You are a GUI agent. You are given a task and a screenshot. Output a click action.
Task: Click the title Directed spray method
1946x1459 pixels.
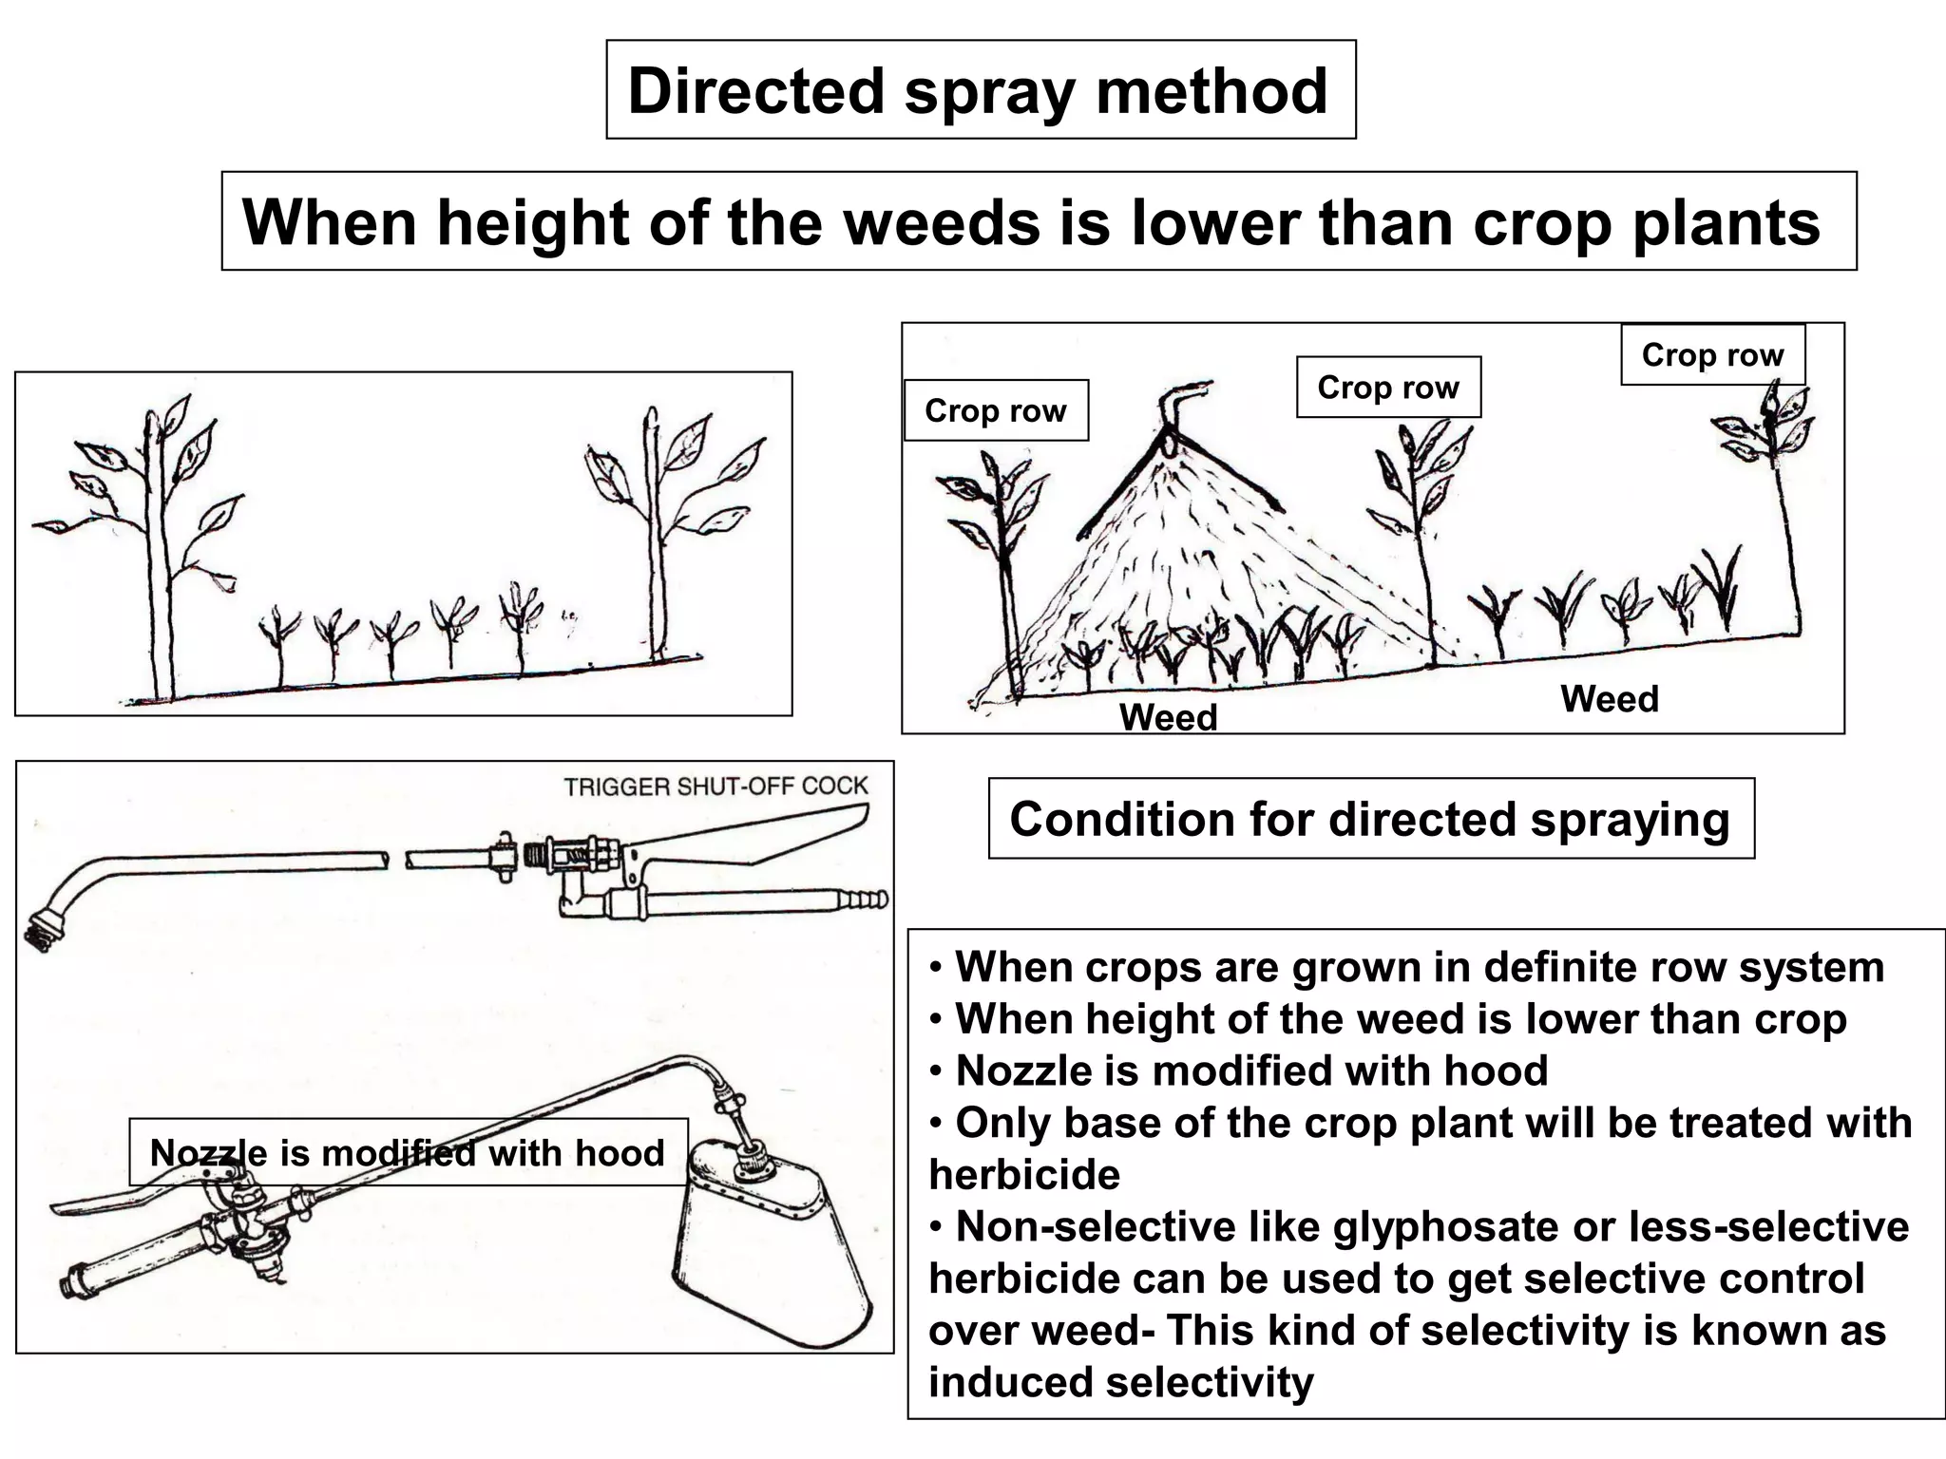click(979, 91)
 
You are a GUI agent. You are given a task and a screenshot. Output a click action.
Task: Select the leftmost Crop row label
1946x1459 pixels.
click(995, 410)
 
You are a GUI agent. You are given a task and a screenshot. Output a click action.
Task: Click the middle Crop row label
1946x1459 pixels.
click(1387, 387)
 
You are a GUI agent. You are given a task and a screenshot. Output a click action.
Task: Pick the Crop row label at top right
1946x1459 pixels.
click(1711, 354)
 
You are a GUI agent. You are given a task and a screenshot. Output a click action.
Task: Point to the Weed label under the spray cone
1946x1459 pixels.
click(1168, 717)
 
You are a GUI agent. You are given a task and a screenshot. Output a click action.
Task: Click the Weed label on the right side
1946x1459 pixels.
click(1609, 699)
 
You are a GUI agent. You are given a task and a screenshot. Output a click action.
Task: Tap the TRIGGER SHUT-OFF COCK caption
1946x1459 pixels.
click(715, 786)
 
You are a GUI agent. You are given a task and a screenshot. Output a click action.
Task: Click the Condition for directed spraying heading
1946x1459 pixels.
click(1369, 819)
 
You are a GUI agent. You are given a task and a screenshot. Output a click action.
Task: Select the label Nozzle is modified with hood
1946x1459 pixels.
click(407, 1152)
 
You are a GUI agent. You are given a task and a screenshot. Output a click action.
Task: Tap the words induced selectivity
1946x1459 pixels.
click(1120, 1382)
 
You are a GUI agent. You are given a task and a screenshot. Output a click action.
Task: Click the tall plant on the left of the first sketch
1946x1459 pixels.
click(157, 551)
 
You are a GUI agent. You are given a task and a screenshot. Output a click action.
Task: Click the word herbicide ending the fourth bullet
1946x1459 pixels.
click(1024, 1175)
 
